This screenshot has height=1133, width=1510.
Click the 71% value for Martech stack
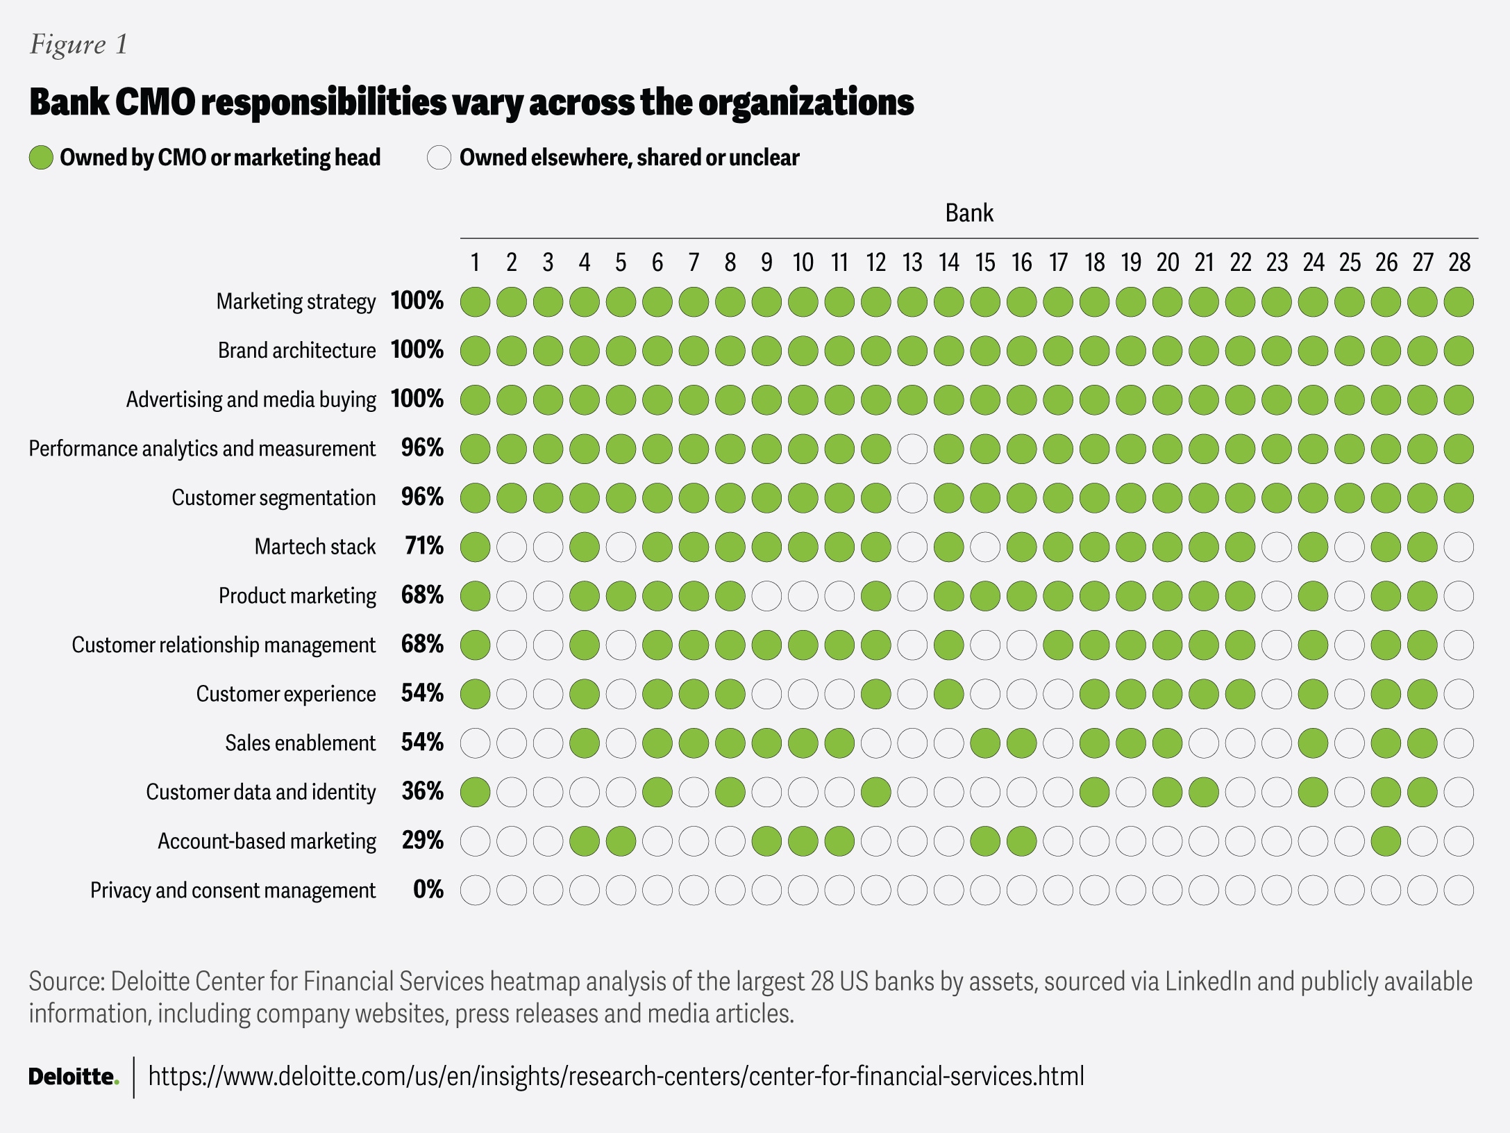423,546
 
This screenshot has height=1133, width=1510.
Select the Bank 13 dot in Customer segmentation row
912,498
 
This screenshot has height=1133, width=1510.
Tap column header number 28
1459,263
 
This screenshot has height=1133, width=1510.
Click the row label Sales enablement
300,743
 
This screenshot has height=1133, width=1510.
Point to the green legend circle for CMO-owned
41,158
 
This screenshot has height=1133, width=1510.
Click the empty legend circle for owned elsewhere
439,158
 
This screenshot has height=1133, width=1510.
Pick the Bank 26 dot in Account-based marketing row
1386,841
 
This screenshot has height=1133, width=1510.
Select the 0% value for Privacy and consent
428,890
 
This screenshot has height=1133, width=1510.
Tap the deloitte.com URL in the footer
616,1077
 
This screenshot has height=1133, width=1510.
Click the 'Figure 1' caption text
78,44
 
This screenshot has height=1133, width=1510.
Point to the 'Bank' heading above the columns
969,213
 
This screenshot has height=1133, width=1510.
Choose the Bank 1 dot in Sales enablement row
475,743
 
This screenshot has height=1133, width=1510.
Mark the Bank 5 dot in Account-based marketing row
621,841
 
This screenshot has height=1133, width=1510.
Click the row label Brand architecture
296,350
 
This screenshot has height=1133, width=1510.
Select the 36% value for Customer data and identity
423,791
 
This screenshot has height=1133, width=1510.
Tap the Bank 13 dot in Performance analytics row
912,449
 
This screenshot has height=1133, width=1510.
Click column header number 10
803,263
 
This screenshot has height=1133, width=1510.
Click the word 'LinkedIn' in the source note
1208,982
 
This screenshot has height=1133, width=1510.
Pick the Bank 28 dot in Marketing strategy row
1459,302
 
